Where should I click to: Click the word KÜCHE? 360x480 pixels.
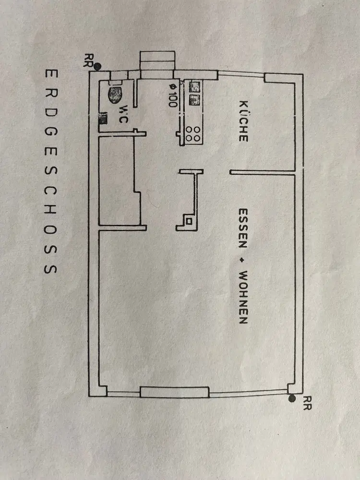click(x=243, y=121)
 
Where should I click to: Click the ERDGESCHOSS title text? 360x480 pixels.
click(x=50, y=171)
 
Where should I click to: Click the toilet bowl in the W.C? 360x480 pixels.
click(x=115, y=94)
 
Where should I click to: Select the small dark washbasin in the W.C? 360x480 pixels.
click(x=102, y=119)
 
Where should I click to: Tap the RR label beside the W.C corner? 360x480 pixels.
click(x=88, y=60)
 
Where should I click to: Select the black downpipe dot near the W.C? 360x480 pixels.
click(x=97, y=66)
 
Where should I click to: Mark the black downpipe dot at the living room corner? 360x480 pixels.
click(x=292, y=398)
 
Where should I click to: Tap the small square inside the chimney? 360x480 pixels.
click(x=189, y=221)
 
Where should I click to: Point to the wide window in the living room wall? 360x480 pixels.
click(x=174, y=392)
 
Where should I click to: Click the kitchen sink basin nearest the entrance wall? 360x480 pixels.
click(x=194, y=87)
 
